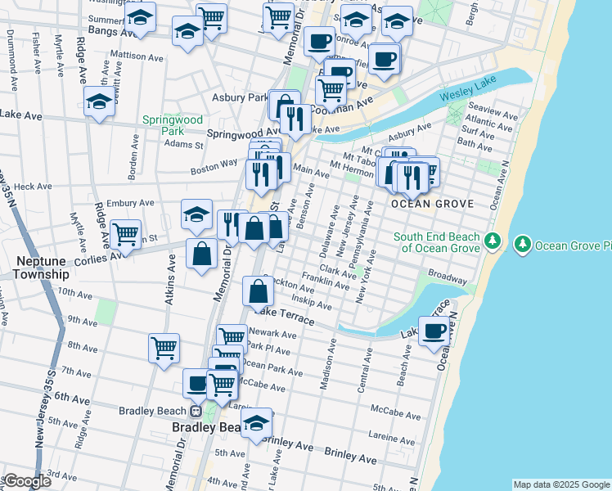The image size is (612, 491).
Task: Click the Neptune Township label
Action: [41, 268]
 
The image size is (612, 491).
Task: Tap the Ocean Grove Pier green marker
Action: [521, 244]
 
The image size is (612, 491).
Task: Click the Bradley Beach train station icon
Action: [196, 412]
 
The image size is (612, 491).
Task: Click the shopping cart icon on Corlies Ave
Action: [125, 235]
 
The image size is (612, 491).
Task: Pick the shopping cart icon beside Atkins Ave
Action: [164, 348]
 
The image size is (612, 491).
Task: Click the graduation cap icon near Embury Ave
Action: [196, 215]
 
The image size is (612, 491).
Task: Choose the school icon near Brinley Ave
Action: [257, 423]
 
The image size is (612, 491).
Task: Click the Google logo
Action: [27, 481]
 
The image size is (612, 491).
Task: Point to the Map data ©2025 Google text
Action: [561, 484]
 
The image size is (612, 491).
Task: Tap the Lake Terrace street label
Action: [284, 315]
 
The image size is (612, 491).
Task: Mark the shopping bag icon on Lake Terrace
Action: [259, 291]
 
